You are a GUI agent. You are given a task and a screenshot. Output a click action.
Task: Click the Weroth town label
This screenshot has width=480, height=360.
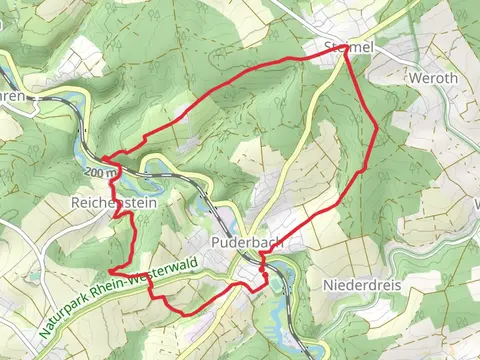(x=433, y=76)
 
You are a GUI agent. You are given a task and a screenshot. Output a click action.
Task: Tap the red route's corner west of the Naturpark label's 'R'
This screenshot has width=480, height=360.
(x=109, y=271)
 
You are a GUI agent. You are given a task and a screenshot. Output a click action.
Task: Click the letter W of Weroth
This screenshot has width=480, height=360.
(x=415, y=76)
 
